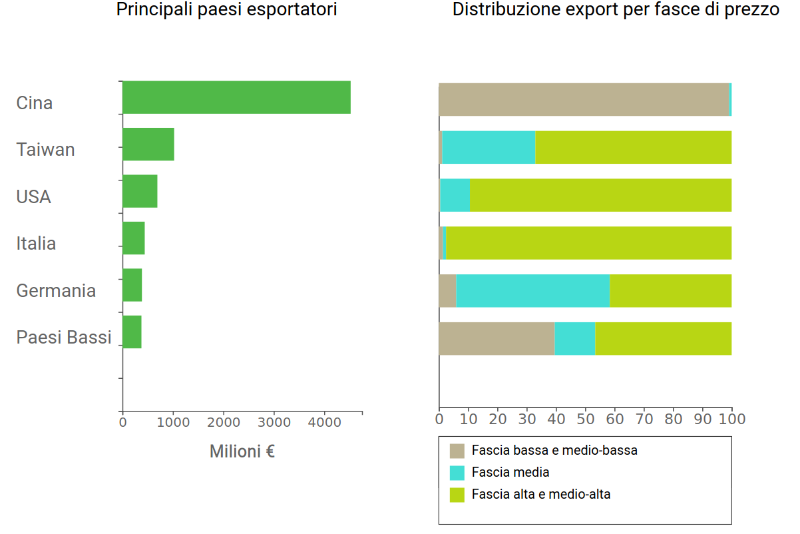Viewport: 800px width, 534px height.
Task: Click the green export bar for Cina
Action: [236, 97]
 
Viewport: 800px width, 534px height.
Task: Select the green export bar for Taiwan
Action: [148, 144]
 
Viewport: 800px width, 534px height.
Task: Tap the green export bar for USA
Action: [140, 192]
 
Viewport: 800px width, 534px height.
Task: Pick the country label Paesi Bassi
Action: [64, 337]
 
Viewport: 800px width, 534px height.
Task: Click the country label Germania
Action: [56, 290]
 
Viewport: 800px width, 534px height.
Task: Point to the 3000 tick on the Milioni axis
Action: [274, 421]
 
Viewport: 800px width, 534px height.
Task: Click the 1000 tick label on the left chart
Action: [173, 421]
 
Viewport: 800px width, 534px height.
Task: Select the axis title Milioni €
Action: [242, 451]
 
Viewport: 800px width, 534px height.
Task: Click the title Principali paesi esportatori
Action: [226, 10]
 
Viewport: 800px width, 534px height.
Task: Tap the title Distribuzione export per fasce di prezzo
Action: [616, 10]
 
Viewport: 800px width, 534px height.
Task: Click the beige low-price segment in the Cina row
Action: [584, 100]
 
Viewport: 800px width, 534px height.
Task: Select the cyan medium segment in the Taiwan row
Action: [489, 147]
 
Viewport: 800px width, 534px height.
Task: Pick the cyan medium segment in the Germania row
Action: [532, 291]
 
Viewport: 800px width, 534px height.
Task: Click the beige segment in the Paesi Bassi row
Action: [497, 338]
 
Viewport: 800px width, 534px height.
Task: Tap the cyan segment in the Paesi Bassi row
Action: [574, 338]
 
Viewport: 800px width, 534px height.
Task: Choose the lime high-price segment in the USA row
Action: [600, 195]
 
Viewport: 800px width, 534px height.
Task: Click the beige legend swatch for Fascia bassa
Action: [457, 451]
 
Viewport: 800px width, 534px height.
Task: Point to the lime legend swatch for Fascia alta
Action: [457, 495]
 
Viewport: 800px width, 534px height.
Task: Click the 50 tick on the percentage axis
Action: [586, 419]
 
